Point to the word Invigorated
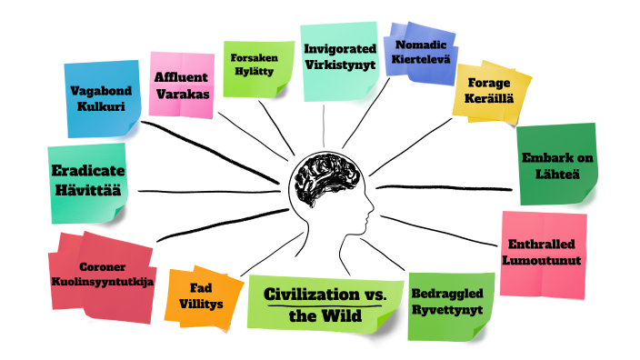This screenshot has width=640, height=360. coord(337,49)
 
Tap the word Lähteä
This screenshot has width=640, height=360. coord(555,174)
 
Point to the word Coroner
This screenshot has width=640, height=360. coord(102,266)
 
